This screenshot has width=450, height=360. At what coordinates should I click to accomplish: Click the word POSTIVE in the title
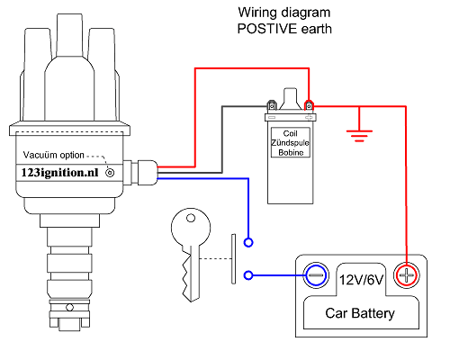267,29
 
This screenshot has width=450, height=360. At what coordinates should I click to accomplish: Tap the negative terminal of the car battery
316,275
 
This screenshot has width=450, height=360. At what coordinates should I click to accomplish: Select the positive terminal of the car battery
406,275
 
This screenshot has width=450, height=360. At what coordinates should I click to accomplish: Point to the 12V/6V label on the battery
361,280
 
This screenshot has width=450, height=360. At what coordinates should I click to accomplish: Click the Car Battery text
360,313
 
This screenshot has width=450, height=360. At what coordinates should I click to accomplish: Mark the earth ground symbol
359,136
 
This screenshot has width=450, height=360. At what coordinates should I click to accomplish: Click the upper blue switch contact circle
248,242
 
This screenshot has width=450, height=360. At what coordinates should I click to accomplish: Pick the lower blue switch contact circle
248,275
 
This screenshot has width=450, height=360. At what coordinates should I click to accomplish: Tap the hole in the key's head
191,218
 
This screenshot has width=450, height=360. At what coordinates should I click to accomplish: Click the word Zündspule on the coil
290,143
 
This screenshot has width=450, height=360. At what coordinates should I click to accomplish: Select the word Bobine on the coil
291,152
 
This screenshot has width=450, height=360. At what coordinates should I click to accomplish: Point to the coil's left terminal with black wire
272,105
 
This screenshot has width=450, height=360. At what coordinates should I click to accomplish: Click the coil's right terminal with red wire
309,105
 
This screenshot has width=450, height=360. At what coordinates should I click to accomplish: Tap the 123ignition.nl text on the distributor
59,173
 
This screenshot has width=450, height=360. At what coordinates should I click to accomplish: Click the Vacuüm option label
54,155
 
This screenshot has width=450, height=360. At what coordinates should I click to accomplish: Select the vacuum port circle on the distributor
110,173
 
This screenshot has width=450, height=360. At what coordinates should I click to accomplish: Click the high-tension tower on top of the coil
290,99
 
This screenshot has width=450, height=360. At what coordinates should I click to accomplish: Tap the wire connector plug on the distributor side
147,173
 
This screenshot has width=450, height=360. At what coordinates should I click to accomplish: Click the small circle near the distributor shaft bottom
69,308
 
